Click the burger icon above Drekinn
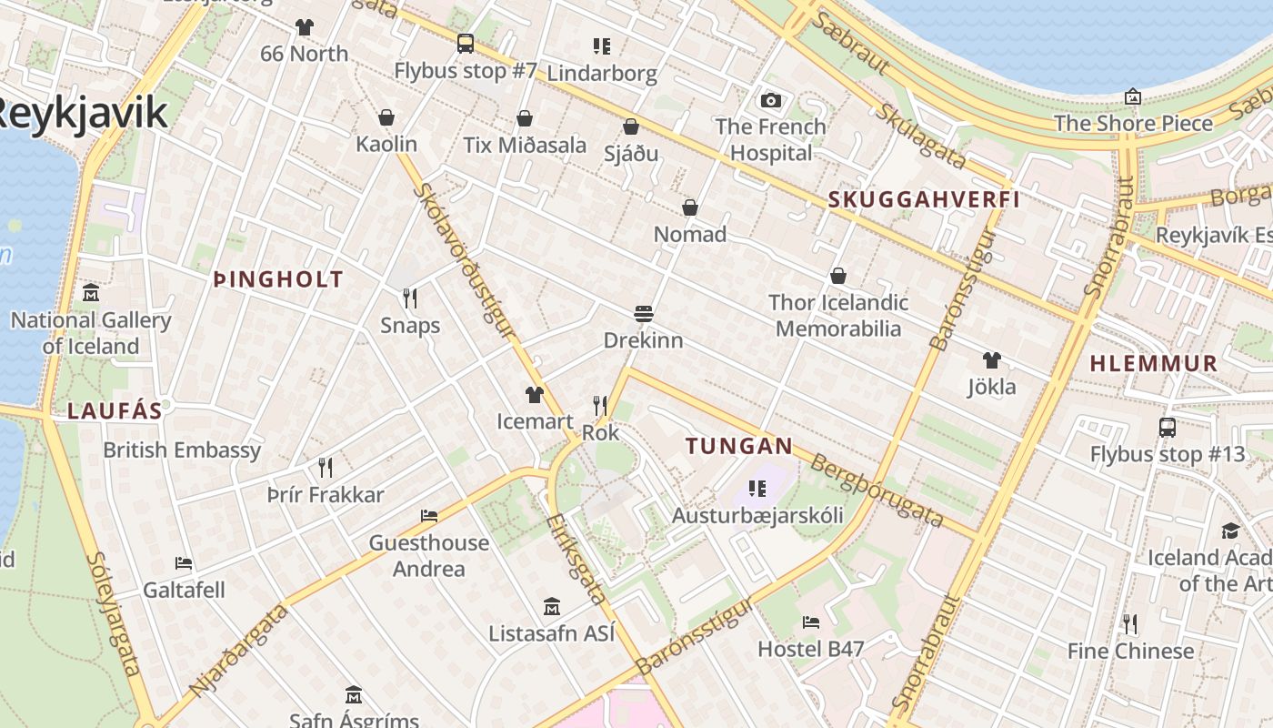click(x=644, y=314)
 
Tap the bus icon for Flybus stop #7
click(x=466, y=43)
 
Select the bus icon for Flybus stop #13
click(x=1168, y=427)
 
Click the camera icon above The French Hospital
click(x=770, y=100)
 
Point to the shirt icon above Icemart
click(x=534, y=395)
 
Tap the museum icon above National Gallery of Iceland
click(x=91, y=293)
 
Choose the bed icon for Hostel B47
click(x=811, y=622)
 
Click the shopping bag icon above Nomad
click(x=690, y=207)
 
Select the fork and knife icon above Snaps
click(x=410, y=298)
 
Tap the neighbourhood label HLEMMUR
click(x=1153, y=364)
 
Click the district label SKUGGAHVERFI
click(x=924, y=200)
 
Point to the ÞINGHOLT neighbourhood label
click(x=278, y=280)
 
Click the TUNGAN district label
click(x=739, y=447)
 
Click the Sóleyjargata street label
click(x=115, y=613)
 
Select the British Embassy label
click(x=182, y=450)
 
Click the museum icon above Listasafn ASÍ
click(x=551, y=606)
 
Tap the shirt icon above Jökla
click(x=991, y=360)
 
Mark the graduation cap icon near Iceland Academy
click(x=1230, y=531)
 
